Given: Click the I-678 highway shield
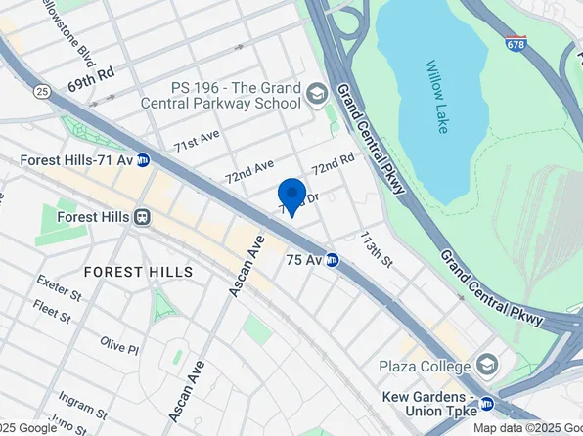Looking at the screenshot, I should [x=516, y=44].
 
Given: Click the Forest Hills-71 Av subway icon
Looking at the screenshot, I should [x=143, y=160].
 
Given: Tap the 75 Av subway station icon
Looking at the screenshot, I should [x=332, y=261].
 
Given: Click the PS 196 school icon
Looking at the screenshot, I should [x=316, y=94].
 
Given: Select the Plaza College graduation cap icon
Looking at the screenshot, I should [x=486, y=367].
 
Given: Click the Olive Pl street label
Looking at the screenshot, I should [x=119, y=345].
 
